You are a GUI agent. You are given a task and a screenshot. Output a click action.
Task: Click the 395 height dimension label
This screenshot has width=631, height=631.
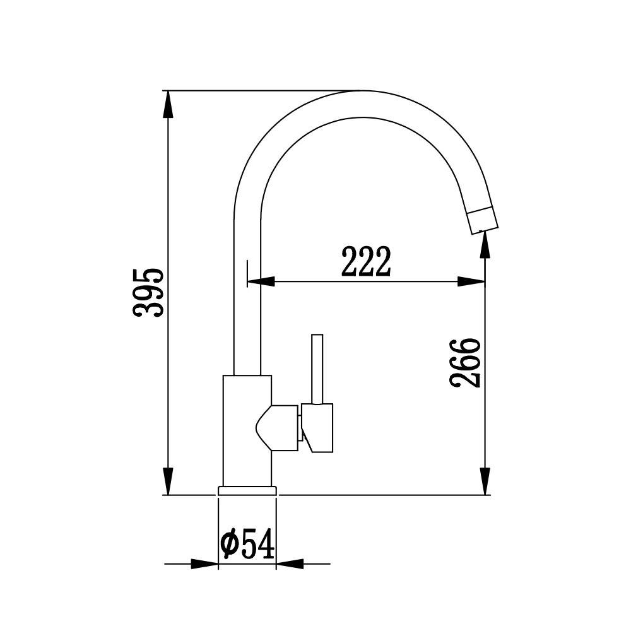pyautogui.click(x=150, y=292)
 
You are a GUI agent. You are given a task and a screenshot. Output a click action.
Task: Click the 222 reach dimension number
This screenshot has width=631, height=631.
pyautogui.click(x=366, y=262)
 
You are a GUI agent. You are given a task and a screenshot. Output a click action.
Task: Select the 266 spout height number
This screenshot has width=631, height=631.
pyautogui.click(x=466, y=362)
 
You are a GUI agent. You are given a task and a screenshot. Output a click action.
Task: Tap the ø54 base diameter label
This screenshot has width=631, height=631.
pyautogui.click(x=248, y=545)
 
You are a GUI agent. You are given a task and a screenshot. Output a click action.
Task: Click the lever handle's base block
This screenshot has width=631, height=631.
pyautogui.click(x=319, y=427)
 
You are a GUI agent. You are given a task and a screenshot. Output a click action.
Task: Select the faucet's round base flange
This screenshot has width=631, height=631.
pyautogui.click(x=247, y=490)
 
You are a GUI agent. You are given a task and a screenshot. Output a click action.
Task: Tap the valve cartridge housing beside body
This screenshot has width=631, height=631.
pyautogui.click(x=278, y=428)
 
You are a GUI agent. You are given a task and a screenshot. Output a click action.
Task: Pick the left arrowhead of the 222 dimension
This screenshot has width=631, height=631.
pyautogui.click(x=261, y=281)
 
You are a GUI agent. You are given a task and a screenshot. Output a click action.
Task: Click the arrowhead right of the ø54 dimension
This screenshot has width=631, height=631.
pyautogui.click(x=290, y=563)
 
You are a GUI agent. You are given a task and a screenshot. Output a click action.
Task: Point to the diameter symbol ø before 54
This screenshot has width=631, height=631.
pyautogui.click(x=230, y=545)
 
